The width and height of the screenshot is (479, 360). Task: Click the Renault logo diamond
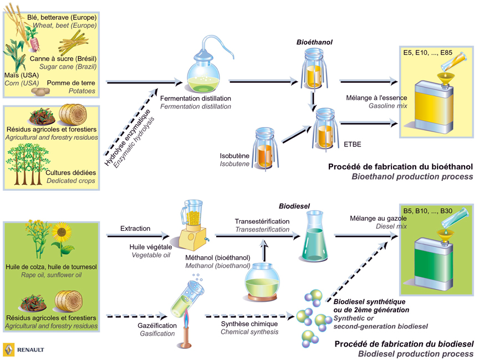[9, 349]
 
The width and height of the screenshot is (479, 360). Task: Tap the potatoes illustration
[40, 91]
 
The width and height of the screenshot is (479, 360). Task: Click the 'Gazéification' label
[156, 325]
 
